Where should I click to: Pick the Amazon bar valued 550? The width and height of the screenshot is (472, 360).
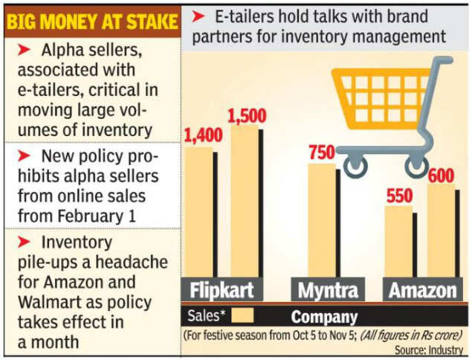point(398,242)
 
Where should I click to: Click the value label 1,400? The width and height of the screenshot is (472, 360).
point(202,135)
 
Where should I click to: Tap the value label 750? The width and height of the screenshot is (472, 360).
point(321,152)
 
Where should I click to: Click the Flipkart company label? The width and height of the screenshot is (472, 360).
point(222,290)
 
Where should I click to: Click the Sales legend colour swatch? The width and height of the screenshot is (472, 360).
point(242,315)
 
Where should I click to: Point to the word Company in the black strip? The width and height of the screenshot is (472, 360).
point(324,316)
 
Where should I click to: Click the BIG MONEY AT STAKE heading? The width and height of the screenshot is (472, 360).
point(91,22)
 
